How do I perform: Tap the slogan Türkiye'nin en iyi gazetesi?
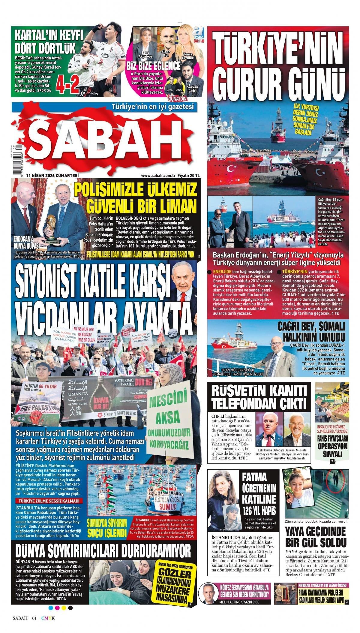click(x=153, y=107)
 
